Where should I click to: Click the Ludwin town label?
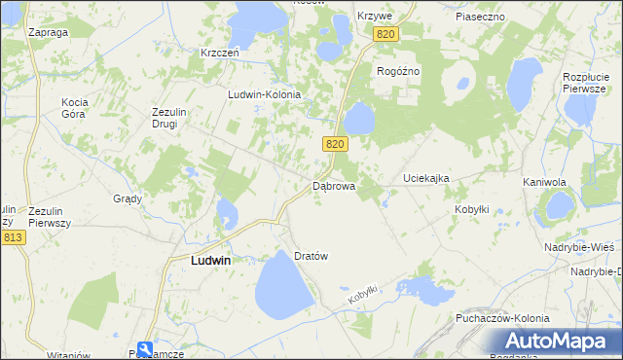pos(203,261)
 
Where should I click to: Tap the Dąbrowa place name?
pos(333,185)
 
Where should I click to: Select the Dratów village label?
pos(311,256)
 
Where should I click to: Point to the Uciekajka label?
pos(426,179)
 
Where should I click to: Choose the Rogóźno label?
pos(397,70)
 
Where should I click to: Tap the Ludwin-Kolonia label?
pos(264,94)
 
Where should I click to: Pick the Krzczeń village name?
pos(220,53)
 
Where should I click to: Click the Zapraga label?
pos(48,32)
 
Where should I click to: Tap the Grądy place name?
pos(128,198)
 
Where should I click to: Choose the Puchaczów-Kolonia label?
pos(501,318)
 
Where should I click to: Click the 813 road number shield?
pos(12,237)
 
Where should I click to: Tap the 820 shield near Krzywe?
pos(385,34)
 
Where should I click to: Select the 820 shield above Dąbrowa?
pos(335,144)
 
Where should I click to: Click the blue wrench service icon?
pos(144,348)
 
